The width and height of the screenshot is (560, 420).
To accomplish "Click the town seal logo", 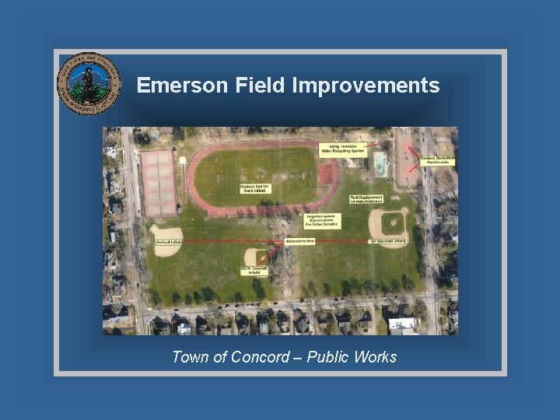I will pyautogui.click(x=89, y=84).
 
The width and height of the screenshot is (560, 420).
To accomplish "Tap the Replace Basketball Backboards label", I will pyautogui.click(x=437, y=159).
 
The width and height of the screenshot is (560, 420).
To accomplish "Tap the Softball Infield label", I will pyautogui.click(x=168, y=242).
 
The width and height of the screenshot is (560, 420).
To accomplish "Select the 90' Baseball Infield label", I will pyautogui.click(x=387, y=242).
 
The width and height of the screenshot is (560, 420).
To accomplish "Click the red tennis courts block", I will pyautogui.click(x=158, y=182).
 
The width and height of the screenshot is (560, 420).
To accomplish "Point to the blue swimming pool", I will pyautogui.click(x=380, y=164).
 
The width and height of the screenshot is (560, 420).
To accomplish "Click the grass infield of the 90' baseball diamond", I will pyautogui.click(x=391, y=224).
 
